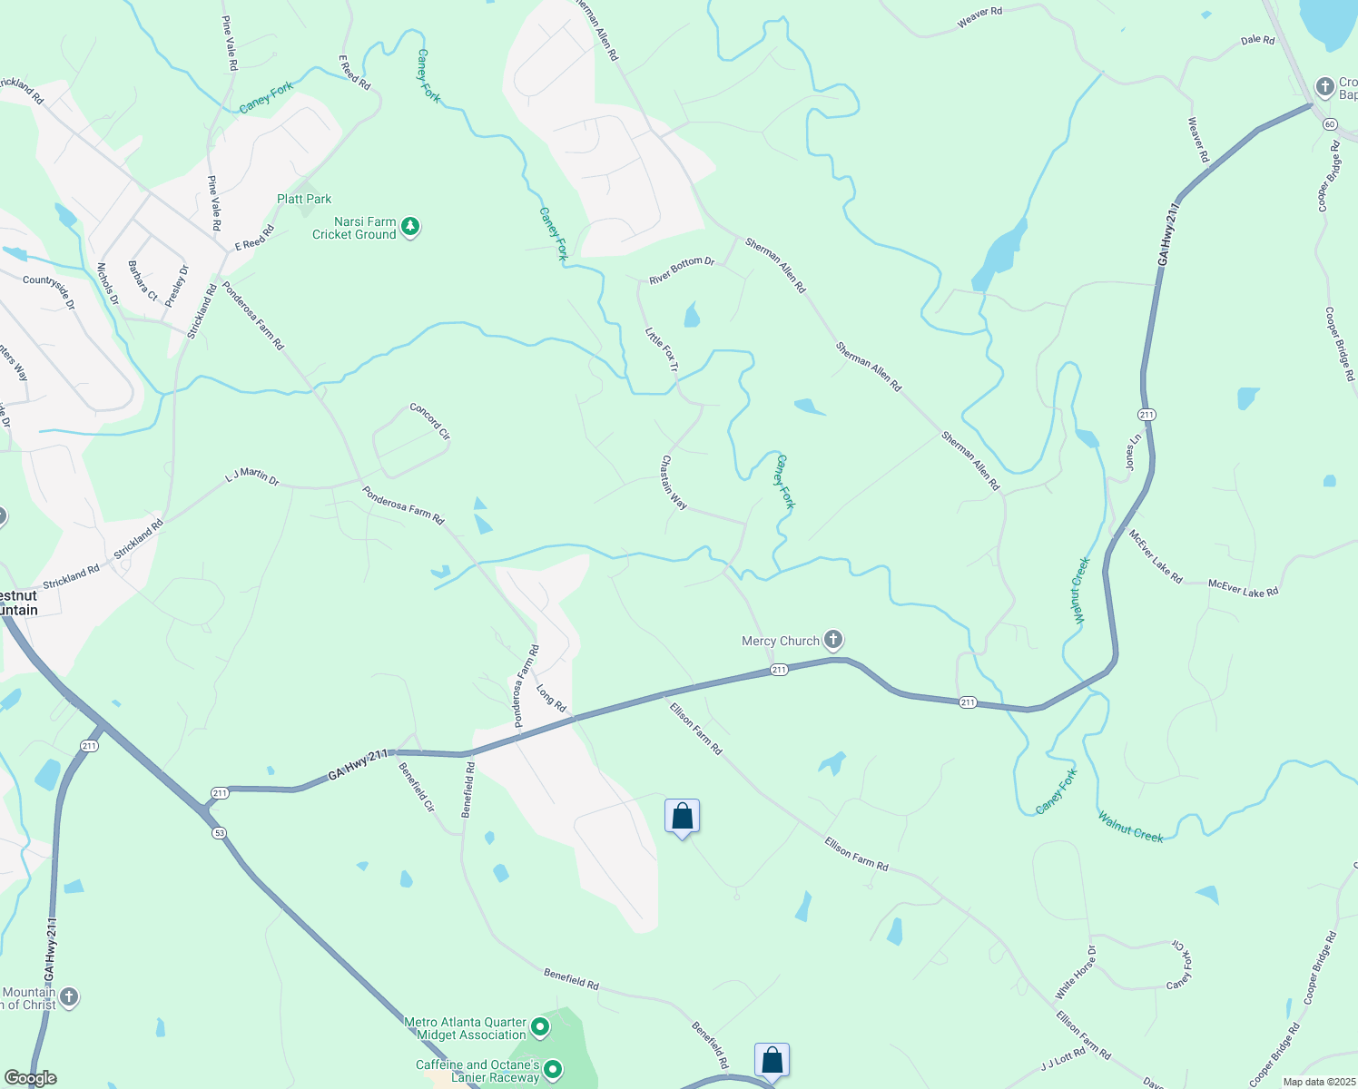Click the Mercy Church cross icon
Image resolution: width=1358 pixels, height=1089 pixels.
(833, 640)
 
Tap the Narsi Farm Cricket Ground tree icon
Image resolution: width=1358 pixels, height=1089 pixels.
(410, 226)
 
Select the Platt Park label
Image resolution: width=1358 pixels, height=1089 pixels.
(304, 199)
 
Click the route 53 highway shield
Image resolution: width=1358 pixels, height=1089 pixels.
(219, 832)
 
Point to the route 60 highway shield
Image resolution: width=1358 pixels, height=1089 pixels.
(1330, 123)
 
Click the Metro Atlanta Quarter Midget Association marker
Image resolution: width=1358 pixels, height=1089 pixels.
(540, 1027)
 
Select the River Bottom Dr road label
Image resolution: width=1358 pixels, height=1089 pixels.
(682, 270)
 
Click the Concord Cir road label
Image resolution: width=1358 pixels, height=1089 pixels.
(429, 421)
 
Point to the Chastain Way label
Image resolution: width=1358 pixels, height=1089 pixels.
(674, 482)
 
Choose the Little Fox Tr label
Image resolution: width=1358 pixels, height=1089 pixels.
(661, 349)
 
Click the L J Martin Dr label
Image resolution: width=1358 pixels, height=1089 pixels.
(251, 476)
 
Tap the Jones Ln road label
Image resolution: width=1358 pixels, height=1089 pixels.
(1133, 451)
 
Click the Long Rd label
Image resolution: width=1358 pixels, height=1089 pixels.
(551, 698)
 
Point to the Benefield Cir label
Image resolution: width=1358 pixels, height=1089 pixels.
(418, 787)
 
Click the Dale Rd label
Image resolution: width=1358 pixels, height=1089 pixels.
(1257, 40)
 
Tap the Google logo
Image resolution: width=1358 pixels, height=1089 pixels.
(30, 1078)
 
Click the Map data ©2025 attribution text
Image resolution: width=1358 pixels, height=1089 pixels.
(1319, 1082)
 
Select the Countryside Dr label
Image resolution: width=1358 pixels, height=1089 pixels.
(49, 292)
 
